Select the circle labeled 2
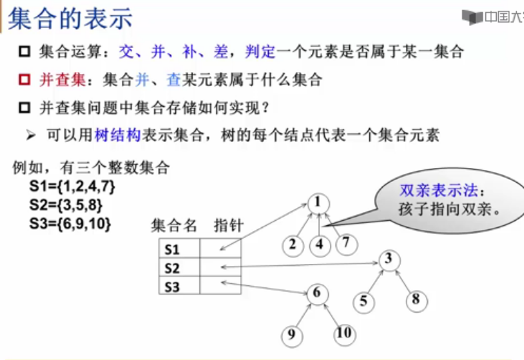293,245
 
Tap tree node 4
320,245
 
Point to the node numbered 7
345,243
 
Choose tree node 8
416,299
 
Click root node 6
317,293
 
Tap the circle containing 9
291,335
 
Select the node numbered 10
343,333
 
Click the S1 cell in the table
173,250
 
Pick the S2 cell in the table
173,269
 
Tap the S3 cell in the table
173,287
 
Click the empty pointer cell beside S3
220,287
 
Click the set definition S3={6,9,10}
70,223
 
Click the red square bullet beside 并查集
25,81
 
